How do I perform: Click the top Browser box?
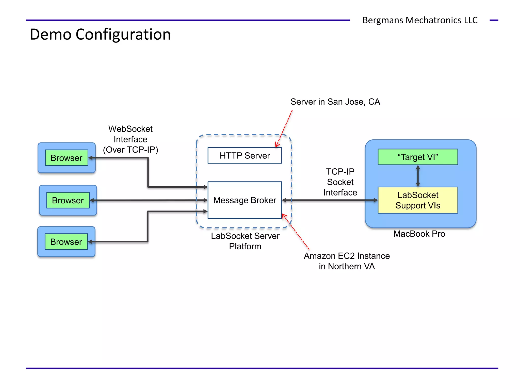pyautogui.click(x=67, y=158)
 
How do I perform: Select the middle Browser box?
pyautogui.click(x=68, y=200)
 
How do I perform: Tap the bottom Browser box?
pyautogui.click(x=66, y=241)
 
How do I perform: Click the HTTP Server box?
pyautogui.click(x=245, y=155)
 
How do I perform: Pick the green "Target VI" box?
pyautogui.click(x=418, y=157)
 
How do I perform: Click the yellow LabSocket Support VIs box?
pyautogui.click(x=418, y=200)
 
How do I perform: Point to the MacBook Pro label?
pyautogui.click(x=419, y=234)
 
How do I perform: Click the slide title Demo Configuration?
pyautogui.click(x=100, y=34)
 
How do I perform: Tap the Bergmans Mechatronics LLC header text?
pyautogui.click(x=420, y=20)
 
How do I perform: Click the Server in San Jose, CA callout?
pyautogui.click(x=335, y=102)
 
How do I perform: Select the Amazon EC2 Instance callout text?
pyautogui.click(x=347, y=261)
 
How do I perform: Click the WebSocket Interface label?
pyautogui.click(x=131, y=139)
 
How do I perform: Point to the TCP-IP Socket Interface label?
pyautogui.click(x=340, y=182)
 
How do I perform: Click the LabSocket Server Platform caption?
pyautogui.click(x=245, y=241)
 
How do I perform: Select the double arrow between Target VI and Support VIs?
pyautogui.click(x=418, y=176)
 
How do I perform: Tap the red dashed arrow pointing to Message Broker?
pyautogui.click(x=296, y=232)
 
